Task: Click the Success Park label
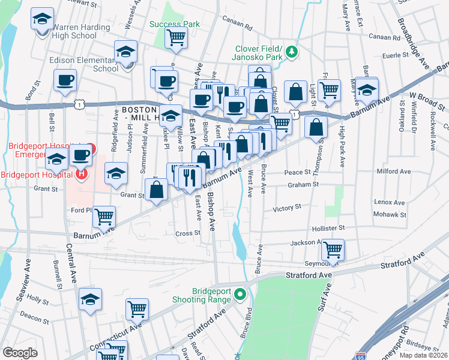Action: [x=175, y=25]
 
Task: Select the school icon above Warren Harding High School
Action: [x=42, y=20]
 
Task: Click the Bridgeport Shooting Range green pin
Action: [x=241, y=294]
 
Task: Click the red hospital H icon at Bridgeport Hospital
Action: [x=82, y=174]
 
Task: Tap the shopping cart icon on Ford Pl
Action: [x=104, y=216]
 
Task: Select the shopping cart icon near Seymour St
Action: [x=332, y=248]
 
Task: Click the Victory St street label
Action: [x=287, y=208]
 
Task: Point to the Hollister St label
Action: [x=329, y=229]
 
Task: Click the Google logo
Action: [x=20, y=353]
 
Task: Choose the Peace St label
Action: [x=297, y=172]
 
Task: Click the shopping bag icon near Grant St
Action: [x=156, y=190]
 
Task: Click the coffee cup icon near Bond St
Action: [x=65, y=80]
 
